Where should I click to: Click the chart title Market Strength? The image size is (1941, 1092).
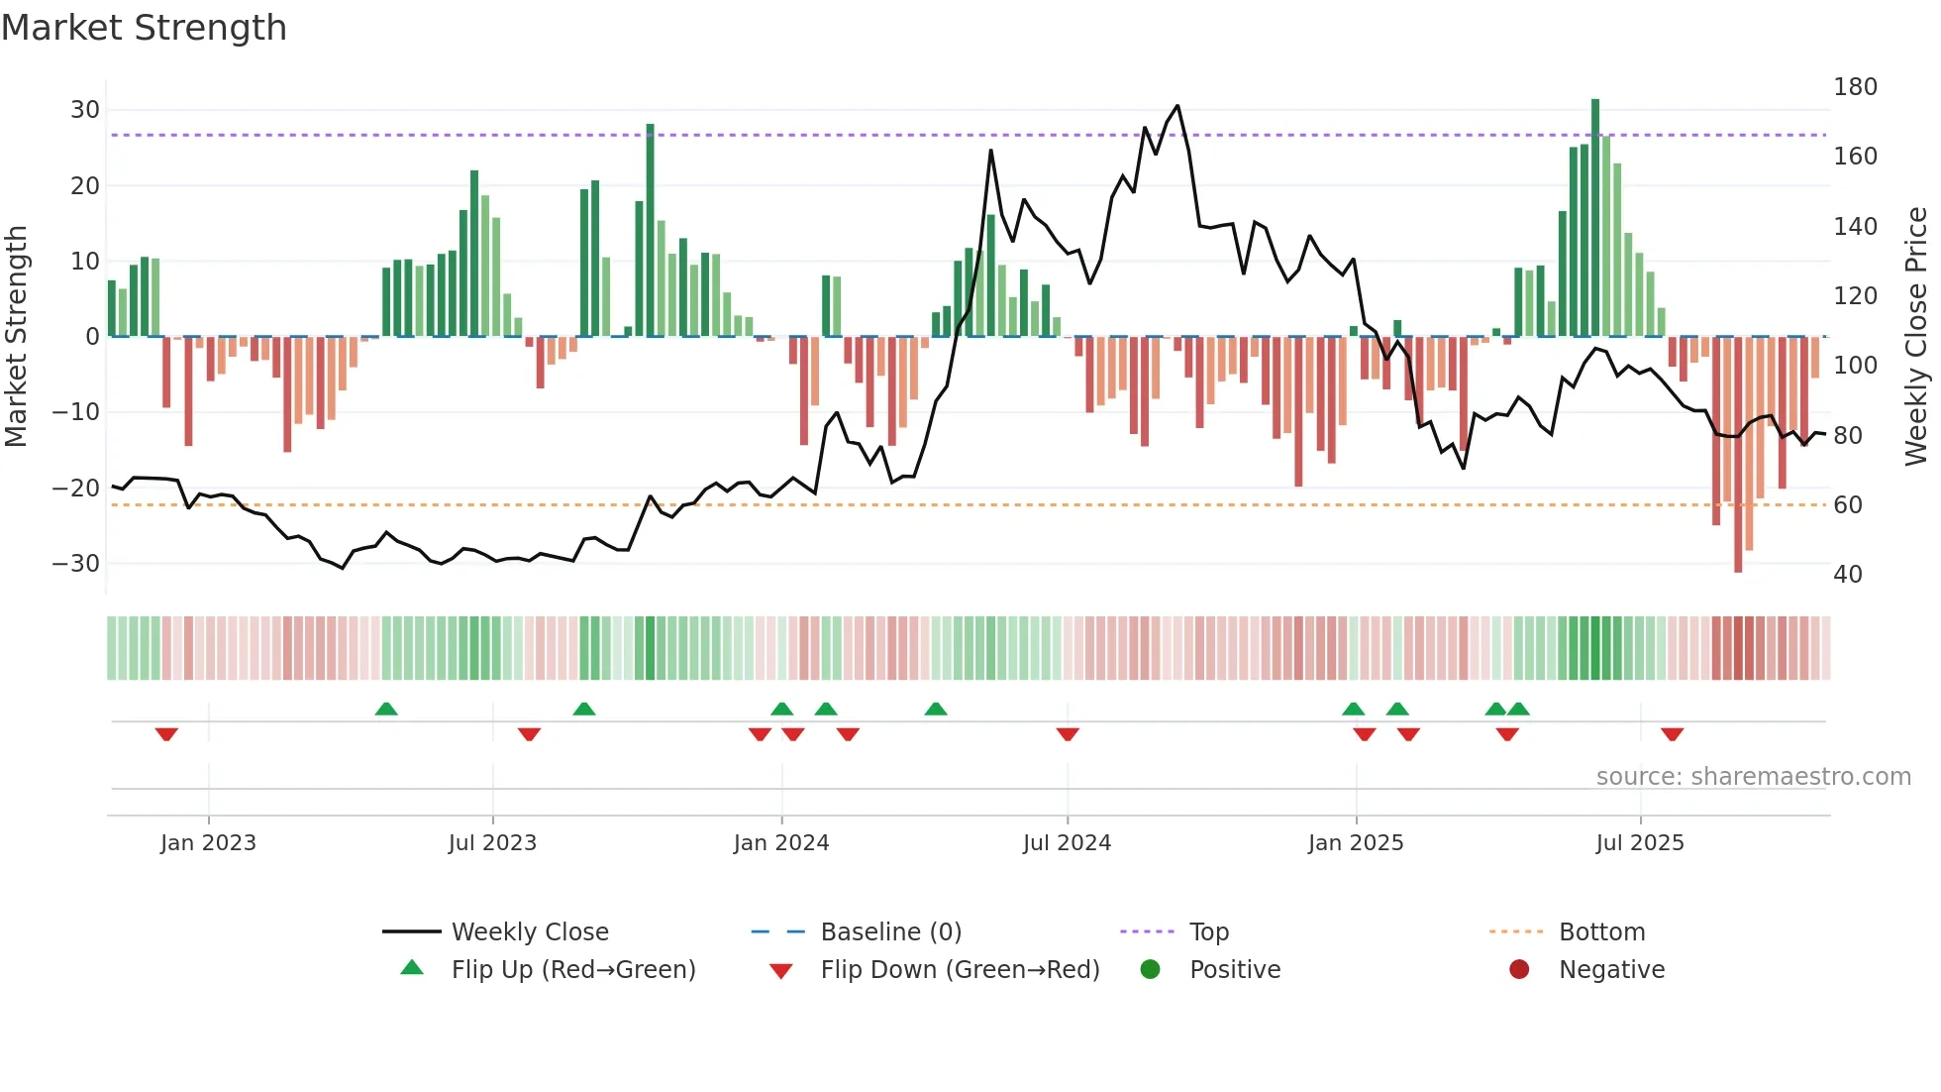[145, 28]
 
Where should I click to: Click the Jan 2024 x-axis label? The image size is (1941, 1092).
[780, 843]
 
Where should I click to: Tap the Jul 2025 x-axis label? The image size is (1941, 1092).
[1639, 843]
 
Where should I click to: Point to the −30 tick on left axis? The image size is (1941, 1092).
[76, 564]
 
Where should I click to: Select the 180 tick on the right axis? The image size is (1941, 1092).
[1855, 87]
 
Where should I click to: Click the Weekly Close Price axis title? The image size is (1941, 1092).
[1916, 337]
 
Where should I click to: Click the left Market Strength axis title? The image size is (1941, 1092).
[17, 337]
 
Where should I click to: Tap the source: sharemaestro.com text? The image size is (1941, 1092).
[1753, 777]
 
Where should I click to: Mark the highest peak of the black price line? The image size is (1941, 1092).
[1177, 105]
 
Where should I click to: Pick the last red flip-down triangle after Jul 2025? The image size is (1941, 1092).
[1672, 734]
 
